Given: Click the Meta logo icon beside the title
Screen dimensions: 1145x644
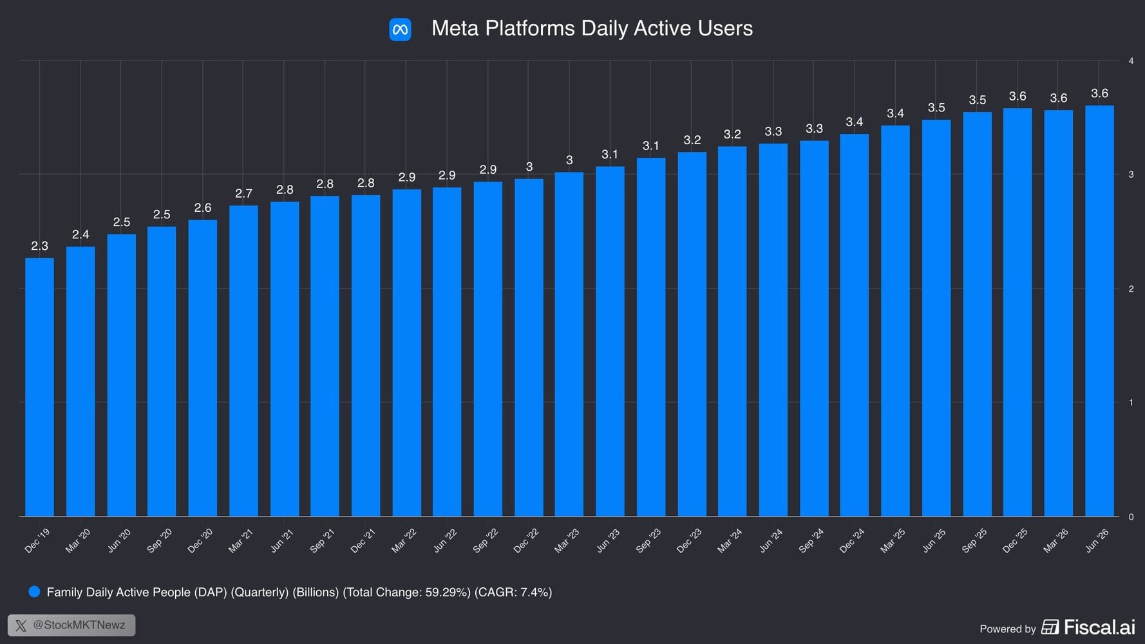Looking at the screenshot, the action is (x=400, y=29).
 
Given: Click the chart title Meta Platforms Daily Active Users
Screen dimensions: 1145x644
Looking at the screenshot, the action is (x=592, y=28).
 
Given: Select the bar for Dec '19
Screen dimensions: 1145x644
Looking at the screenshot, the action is (x=39, y=387).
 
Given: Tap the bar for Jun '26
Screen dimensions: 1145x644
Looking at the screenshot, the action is (x=1099, y=311).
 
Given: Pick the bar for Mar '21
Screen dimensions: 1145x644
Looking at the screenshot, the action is (x=243, y=361).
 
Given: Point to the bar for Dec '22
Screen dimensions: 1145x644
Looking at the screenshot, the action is (x=529, y=348).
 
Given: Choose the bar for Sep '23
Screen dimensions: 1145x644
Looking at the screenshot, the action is (x=651, y=337).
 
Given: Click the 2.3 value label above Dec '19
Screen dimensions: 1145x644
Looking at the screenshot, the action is (x=39, y=246).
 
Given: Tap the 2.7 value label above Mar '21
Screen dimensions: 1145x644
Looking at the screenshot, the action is (x=243, y=193).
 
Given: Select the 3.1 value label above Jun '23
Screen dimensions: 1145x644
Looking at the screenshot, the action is (x=610, y=155).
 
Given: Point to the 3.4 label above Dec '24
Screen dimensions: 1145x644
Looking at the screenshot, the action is (x=855, y=122).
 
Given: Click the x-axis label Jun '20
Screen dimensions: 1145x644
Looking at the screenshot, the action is (x=120, y=540).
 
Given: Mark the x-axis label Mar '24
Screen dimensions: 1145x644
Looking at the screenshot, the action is (x=730, y=541).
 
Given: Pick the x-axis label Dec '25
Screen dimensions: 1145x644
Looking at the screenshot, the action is (x=1015, y=541).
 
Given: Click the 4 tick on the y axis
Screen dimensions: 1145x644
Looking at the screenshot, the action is (x=1131, y=61).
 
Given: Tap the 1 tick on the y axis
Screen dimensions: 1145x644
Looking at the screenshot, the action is (x=1131, y=402).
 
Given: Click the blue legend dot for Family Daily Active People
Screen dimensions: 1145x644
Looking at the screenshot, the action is (x=34, y=592).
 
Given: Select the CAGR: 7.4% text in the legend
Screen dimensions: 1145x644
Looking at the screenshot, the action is (x=513, y=592).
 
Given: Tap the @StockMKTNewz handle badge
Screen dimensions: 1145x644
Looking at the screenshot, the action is (x=71, y=625).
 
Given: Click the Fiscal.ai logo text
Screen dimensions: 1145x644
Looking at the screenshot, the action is (x=1099, y=627).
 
